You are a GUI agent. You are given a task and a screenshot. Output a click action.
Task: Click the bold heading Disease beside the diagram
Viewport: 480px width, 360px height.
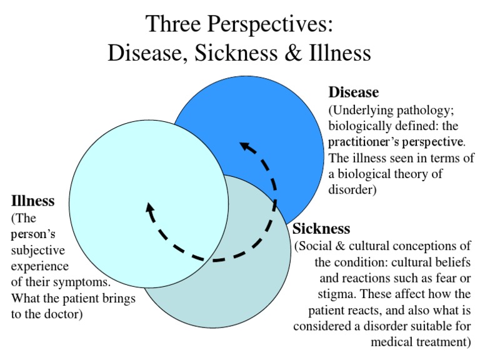(x=354, y=92)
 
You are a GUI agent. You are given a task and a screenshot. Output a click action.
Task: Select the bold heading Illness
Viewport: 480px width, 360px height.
(x=32, y=201)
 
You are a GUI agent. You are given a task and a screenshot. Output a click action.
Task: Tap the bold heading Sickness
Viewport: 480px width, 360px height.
(x=321, y=228)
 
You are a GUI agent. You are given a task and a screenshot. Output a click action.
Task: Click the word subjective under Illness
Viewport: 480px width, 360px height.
(x=37, y=251)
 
